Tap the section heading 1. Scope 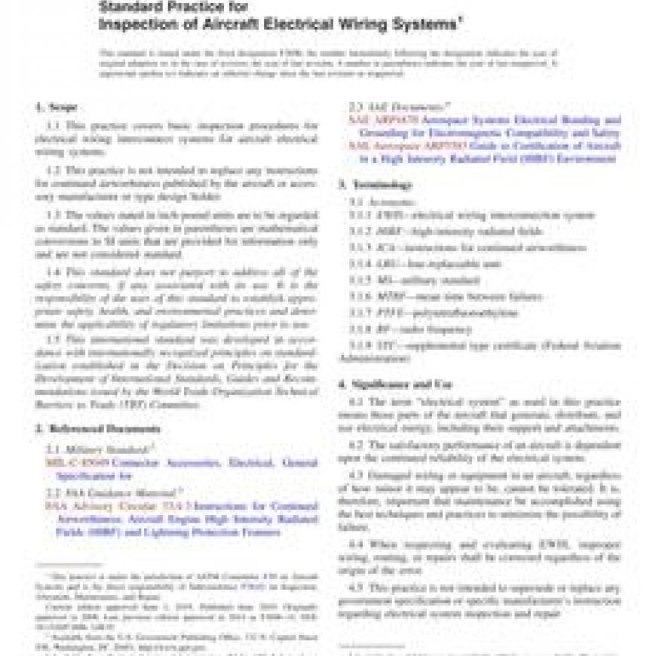[57, 107]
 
